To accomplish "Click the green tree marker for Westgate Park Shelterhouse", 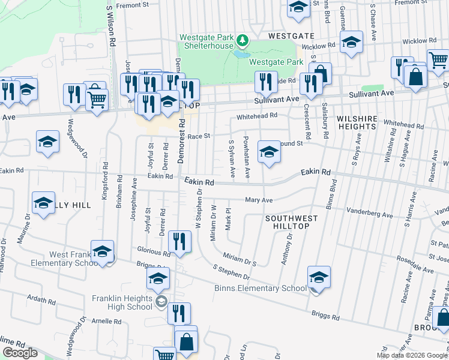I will click(x=242, y=41).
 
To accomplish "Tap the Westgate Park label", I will click(x=276, y=62).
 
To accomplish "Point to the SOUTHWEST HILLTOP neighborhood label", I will click(x=287, y=221).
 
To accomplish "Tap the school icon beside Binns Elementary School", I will click(x=319, y=277).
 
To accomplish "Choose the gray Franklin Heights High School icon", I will click(x=161, y=301).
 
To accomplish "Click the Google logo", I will click(x=20, y=353).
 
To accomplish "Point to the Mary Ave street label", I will click(x=259, y=200).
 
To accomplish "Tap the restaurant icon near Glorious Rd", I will click(x=179, y=241).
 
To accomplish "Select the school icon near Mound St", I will click(x=269, y=152).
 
